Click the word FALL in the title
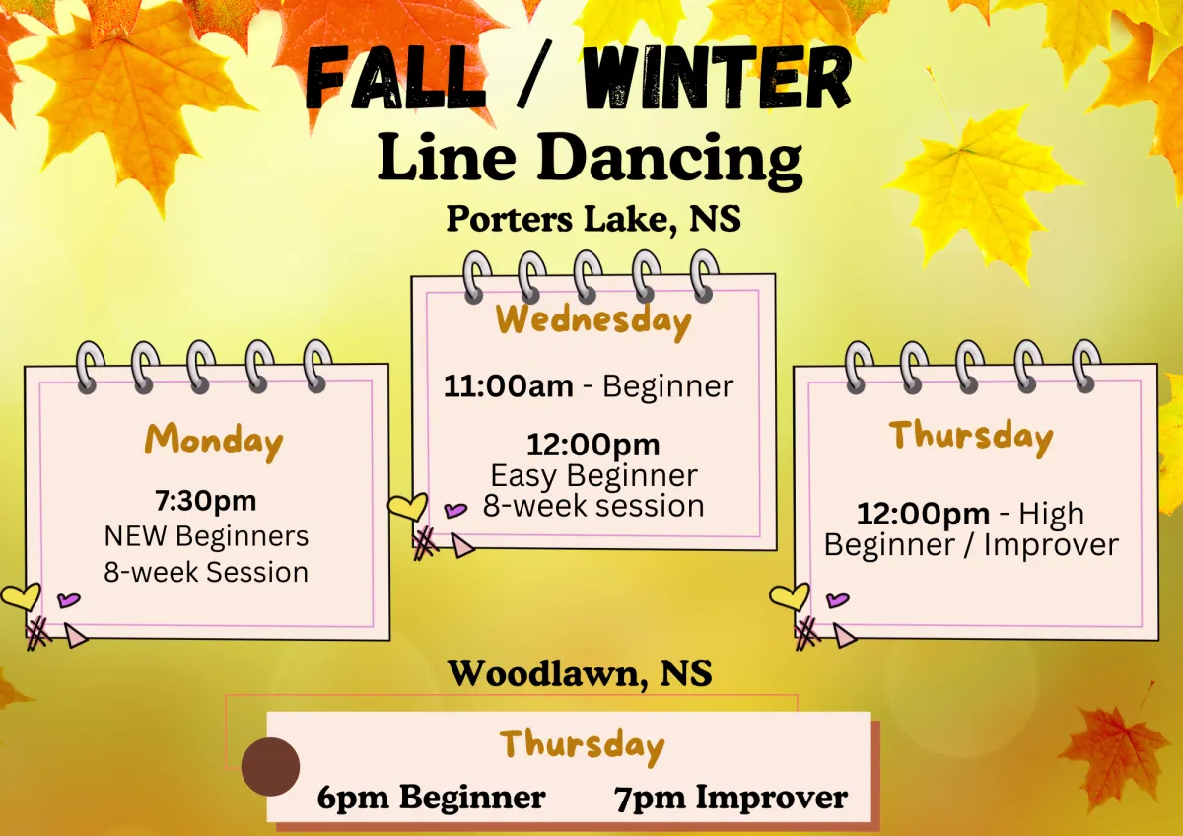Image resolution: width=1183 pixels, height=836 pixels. pos(395,79)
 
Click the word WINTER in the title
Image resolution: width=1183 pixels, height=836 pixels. pos(717,78)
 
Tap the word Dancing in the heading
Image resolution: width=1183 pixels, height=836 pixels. pos(669,160)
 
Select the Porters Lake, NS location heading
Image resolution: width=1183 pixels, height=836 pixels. pos(593,219)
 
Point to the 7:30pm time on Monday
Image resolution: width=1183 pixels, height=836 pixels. pos(205,501)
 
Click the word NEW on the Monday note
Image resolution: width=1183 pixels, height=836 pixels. pos(135,536)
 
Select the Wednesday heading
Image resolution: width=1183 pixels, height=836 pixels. pos(593,321)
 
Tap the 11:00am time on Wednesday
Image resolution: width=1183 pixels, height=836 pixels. pos(508,386)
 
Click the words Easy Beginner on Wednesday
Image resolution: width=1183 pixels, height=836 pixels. pos(594,476)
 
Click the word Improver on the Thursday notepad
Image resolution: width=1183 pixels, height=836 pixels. pos(1051,545)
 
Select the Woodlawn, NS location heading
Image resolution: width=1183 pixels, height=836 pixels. pos(580,673)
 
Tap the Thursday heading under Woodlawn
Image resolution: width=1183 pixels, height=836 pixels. pos(582,745)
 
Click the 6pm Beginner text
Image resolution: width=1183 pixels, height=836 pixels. pos(431,798)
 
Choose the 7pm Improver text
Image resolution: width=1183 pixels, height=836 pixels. pos(731,798)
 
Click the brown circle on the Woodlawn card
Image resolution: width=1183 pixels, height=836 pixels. pos(270,767)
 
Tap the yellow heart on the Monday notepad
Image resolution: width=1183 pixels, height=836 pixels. pos(21,596)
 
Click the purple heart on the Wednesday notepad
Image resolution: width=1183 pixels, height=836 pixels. pos(455,510)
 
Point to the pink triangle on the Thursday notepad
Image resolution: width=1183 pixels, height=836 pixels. pos(844,635)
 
